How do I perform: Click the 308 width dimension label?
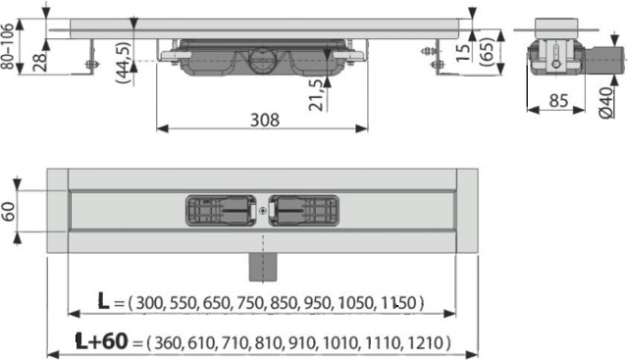[x=263, y=119]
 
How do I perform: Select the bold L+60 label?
[x=102, y=342]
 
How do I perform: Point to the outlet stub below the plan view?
[x=263, y=260]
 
